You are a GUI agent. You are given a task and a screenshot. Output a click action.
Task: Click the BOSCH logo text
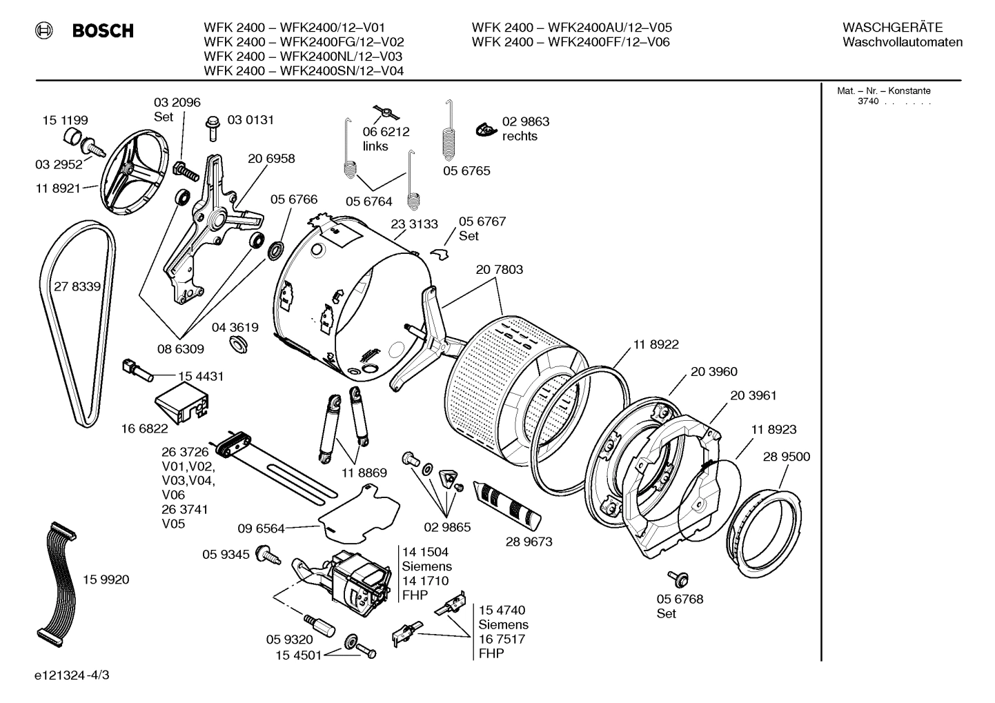coord(102,31)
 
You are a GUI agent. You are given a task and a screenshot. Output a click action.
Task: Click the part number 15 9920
coord(106,580)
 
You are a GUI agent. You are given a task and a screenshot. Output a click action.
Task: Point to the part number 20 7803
coord(499,270)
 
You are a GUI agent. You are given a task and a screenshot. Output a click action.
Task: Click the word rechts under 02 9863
coord(520,137)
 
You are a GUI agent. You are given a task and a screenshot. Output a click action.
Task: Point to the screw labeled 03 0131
coord(212,128)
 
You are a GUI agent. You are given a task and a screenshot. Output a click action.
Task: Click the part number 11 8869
coord(364,473)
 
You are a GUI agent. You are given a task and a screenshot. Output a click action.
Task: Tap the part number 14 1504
coord(425,552)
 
